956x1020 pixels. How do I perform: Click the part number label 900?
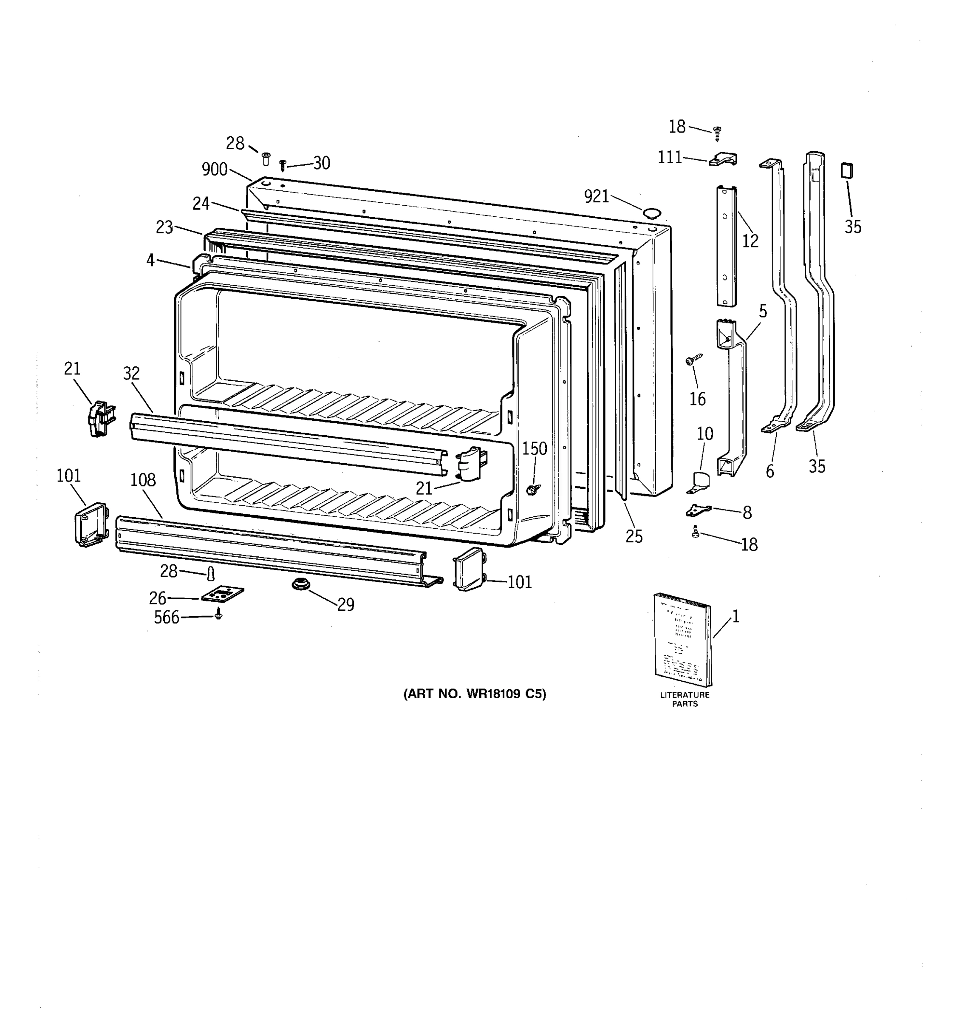(x=215, y=169)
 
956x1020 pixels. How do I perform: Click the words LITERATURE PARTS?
(x=684, y=699)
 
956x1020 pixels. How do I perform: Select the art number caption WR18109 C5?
(x=475, y=694)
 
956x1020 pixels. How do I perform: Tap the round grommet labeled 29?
(x=300, y=584)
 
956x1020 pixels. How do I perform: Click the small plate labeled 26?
(x=223, y=594)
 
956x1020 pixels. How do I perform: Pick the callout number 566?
(x=167, y=617)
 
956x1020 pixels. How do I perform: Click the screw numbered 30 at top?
(x=282, y=165)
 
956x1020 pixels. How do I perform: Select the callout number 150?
(x=535, y=449)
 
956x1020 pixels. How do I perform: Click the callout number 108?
(x=143, y=480)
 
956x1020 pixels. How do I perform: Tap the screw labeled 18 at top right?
(x=718, y=133)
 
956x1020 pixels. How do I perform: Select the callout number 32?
(x=131, y=373)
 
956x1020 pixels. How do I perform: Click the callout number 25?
(x=634, y=536)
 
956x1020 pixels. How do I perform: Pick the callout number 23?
(x=164, y=227)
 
